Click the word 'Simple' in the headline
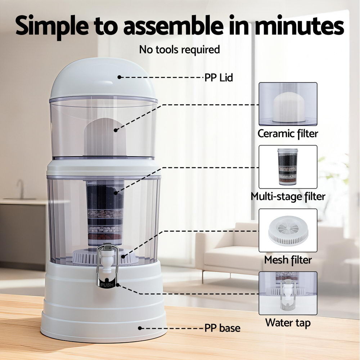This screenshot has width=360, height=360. click(52, 26)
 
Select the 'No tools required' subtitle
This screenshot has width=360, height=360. click(180, 50)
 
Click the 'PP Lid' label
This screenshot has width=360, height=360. click(219, 78)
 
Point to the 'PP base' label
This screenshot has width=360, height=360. click(222, 328)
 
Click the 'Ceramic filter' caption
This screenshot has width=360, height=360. click(288, 134)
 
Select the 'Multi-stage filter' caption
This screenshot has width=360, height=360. click(288, 197)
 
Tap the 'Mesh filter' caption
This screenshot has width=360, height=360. click(288, 260)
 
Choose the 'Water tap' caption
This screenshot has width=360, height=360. click(288, 323)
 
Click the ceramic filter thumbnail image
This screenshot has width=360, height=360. click(288, 104)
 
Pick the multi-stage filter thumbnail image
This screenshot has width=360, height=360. click(288, 167)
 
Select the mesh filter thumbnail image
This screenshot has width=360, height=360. click(288, 230)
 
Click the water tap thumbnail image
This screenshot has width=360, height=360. click(288, 293)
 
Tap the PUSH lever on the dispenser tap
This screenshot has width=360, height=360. click(107, 284)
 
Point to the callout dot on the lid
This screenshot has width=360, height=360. click(119, 77)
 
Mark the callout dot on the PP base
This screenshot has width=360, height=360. click(140, 328)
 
